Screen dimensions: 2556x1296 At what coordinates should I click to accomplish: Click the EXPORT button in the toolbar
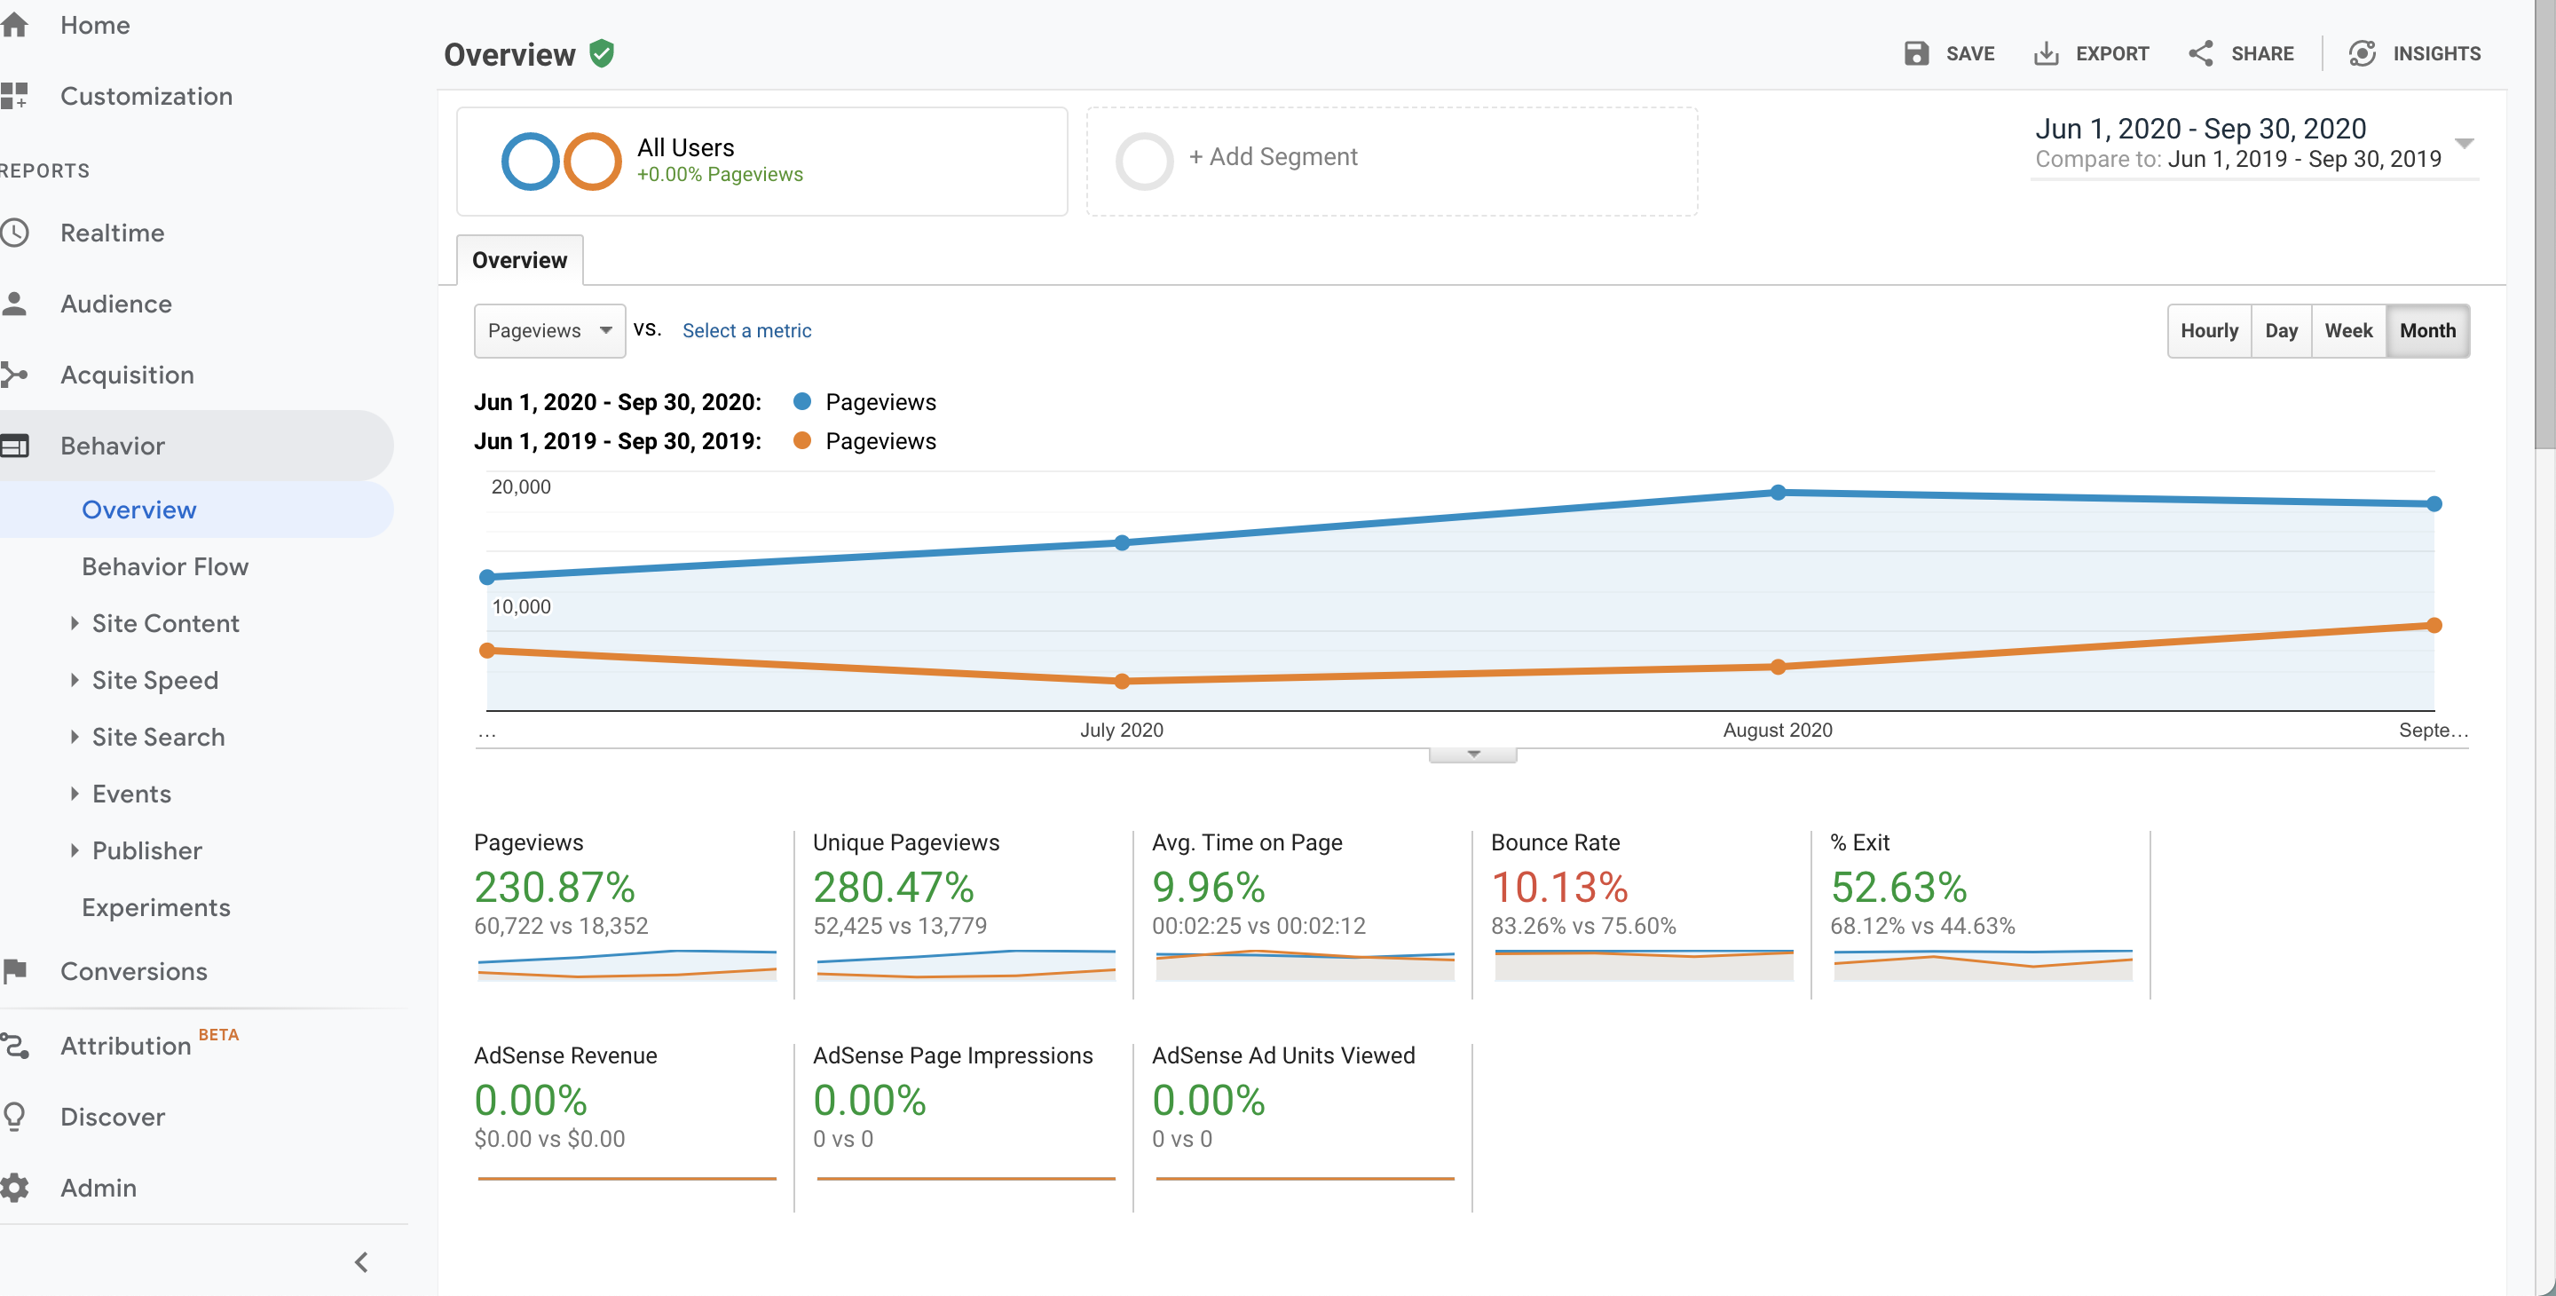pos(2092,53)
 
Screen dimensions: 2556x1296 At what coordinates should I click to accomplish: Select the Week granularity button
pos(2347,330)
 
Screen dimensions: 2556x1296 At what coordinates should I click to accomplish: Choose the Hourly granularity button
pos(2209,330)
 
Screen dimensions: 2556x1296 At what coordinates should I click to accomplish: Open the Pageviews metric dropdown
pos(549,330)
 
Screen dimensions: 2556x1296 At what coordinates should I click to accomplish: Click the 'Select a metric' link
pos(746,330)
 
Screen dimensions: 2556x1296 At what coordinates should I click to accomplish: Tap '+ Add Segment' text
pos(1273,157)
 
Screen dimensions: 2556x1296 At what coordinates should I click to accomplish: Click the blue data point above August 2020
pos(1778,492)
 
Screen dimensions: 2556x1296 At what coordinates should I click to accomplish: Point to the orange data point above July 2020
pos(1122,681)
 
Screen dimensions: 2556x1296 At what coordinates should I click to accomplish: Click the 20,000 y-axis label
pos(521,486)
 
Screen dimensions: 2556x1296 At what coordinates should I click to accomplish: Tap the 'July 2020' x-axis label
pos(1121,730)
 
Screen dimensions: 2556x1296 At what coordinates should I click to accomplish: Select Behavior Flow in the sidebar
pos(165,566)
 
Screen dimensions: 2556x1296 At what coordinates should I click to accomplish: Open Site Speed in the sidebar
pos(154,680)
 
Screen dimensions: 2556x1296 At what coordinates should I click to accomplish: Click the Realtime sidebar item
pos(112,233)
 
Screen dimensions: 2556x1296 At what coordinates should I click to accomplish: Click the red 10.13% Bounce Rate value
pos(1558,887)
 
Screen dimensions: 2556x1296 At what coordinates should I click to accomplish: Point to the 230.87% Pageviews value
pos(555,887)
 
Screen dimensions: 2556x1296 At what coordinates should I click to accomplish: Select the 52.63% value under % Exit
pos(1898,887)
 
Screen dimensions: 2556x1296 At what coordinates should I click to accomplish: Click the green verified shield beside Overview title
pos(602,53)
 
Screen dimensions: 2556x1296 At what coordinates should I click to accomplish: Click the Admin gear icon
pos(14,1187)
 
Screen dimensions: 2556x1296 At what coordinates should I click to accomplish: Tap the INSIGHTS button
pos(2414,53)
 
